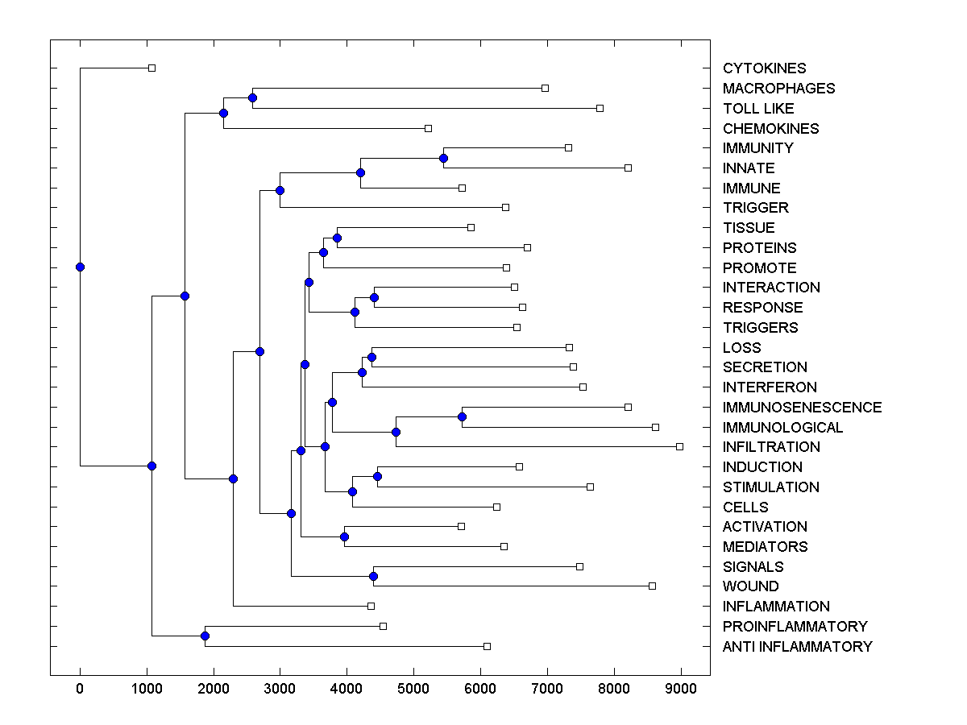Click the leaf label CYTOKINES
[x=764, y=68]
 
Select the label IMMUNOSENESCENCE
[x=802, y=408]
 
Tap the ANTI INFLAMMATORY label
[x=797, y=647]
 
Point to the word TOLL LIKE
[x=758, y=109]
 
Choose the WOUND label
[x=751, y=586]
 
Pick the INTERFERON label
[x=770, y=387]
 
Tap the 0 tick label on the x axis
[x=80, y=687]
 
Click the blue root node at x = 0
[x=80, y=267]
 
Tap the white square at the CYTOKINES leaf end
[x=151, y=68]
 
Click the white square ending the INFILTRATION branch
[x=679, y=446]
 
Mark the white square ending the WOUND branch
[x=652, y=586]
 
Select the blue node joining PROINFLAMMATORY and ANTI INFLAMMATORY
[x=205, y=636]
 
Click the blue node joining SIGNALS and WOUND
[x=373, y=576]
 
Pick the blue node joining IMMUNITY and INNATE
[x=443, y=158]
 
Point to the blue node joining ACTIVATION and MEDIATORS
[x=344, y=536]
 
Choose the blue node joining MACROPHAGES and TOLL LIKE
[x=252, y=97]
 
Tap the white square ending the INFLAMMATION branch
[x=371, y=606]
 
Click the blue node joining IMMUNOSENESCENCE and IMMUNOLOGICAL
[x=462, y=416]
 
